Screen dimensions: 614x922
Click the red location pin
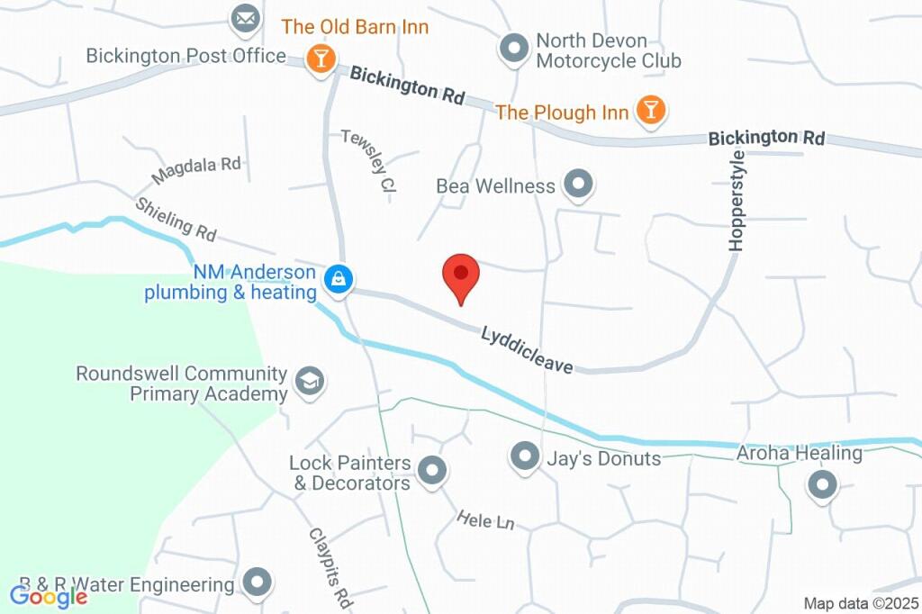[x=461, y=275]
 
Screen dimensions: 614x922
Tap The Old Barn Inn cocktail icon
[x=320, y=59]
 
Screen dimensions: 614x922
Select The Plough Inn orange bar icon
[x=649, y=111]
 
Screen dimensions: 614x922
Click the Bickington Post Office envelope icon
[x=243, y=18]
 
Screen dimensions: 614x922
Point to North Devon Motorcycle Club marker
[x=514, y=49]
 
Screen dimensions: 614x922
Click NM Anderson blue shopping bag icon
[x=338, y=279]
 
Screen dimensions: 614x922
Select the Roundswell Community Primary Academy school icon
[x=311, y=382]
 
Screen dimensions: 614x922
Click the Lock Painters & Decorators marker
[x=433, y=471]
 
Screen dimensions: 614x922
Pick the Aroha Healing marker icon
[x=821, y=486]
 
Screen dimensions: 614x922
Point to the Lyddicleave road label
[x=527, y=349]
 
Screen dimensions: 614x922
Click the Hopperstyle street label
[x=737, y=200]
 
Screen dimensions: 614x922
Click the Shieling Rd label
[x=176, y=219]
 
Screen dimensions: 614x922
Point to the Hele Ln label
[x=484, y=520]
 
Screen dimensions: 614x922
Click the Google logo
[x=49, y=596]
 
